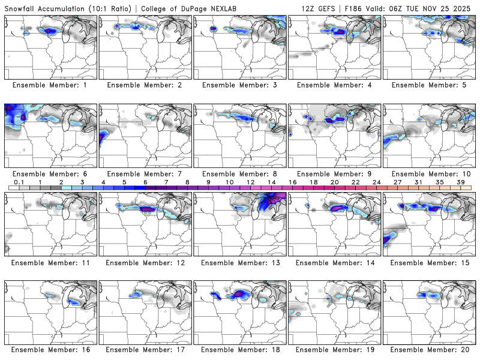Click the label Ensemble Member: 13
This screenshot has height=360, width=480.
pyautogui.click(x=240, y=262)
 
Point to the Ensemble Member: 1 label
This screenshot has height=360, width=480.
pyautogui.click(x=50, y=85)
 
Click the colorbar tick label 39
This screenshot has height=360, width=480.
pyautogui.click(x=461, y=182)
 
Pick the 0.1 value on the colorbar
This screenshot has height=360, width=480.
pyautogui.click(x=19, y=182)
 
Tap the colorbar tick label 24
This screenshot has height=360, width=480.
pyautogui.click(x=376, y=182)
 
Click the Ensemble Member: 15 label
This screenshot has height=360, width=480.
pyautogui.click(x=429, y=262)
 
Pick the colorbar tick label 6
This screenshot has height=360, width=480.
pyautogui.click(x=145, y=182)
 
